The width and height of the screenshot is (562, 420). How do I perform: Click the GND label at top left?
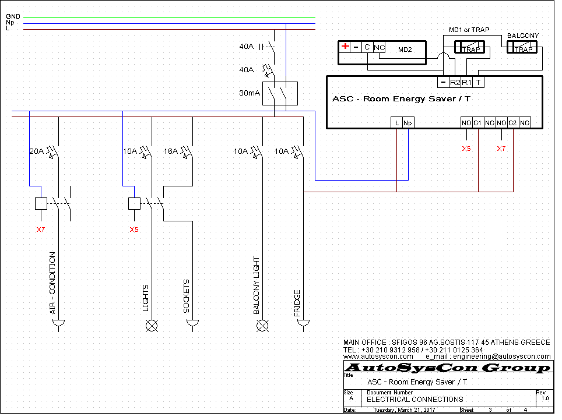(x=13, y=16)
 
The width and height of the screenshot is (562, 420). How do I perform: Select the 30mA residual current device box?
(x=280, y=93)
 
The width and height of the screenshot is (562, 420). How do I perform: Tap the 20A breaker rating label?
(x=37, y=151)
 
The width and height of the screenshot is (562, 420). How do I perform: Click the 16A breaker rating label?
(x=171, y=151)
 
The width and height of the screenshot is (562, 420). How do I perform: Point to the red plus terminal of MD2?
(x=345, y=46)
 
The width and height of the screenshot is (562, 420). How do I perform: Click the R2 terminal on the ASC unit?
(x=455, y=83)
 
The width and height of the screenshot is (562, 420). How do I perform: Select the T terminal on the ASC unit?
(x=478, y=83)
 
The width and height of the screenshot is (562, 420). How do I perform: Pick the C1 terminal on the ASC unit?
(x=477, y=123)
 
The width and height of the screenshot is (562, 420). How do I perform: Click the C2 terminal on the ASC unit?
(x=512, y=123)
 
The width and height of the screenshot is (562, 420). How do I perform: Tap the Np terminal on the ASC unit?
(x=408, y=123)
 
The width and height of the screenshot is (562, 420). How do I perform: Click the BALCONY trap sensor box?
(x=522, y=47)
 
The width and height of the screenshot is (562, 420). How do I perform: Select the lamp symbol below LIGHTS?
(x=152, y=326)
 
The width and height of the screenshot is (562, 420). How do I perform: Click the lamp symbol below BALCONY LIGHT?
(x=262, y=326)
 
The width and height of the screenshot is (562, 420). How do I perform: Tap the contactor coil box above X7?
(x=41, y=203)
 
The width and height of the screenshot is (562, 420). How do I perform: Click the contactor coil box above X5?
(x=134, y=203)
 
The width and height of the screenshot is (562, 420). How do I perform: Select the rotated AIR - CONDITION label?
(x=52, y=283)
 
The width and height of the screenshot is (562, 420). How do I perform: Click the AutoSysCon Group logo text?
(x=448, y=368)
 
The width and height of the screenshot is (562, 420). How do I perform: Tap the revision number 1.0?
(x=545, y=398)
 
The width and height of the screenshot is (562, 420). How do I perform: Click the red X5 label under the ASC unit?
(x=466, y=149)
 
